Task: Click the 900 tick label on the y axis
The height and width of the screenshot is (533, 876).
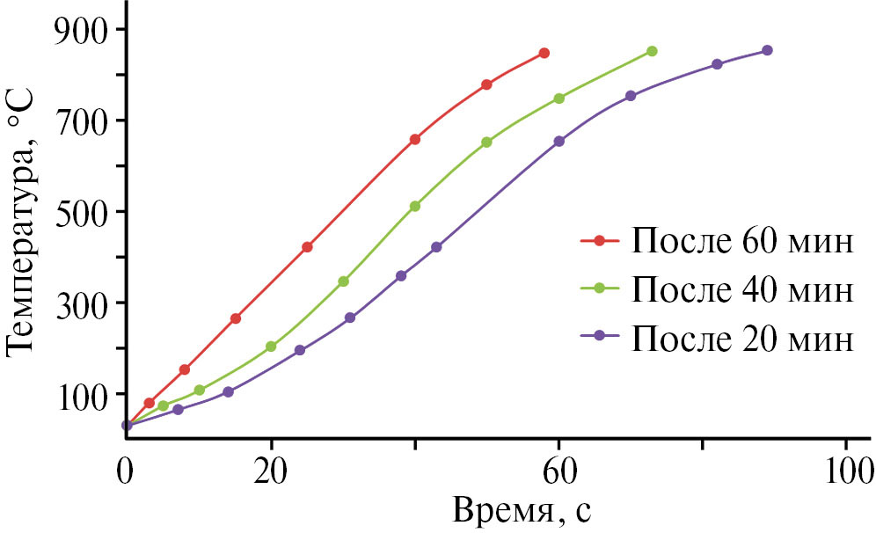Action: [82, 30]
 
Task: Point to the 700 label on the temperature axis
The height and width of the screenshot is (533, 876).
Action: [82, 121]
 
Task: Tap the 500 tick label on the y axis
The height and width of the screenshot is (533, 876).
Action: [82, 213]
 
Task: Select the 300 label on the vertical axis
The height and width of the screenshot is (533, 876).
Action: [82, 303]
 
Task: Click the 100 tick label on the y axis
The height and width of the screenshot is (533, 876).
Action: [82, 395]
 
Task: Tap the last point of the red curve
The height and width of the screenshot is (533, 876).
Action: [544, 53]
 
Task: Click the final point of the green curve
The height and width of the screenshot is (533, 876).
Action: [652, 51]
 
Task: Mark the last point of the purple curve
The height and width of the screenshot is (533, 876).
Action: [767, 50]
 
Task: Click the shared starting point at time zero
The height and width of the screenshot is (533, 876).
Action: [127, 426]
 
